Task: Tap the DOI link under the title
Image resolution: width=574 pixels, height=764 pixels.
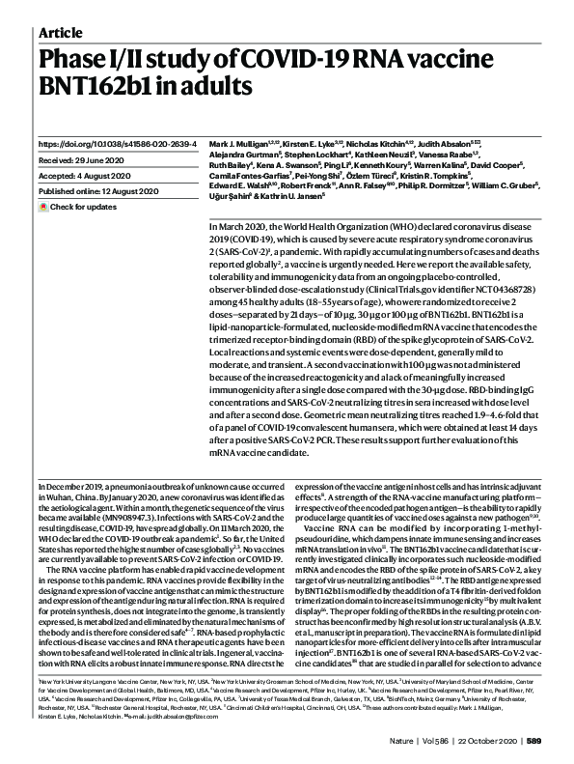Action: [x=117, y=143]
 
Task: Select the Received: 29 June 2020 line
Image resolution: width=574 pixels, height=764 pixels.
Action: [x=83, y=159]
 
